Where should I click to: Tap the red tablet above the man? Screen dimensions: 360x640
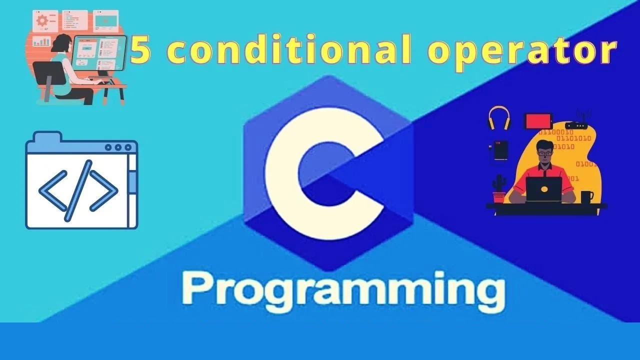click(x=538, y=121)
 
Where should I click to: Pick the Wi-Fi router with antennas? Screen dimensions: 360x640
click(x=577, y=124)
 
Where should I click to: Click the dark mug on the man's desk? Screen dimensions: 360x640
click(x=586, y=196)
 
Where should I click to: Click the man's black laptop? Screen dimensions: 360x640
click(x=544, y=189)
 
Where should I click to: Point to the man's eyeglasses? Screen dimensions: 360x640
click(x=544, y=152)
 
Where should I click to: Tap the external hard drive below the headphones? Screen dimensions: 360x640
click(x=500, y=150)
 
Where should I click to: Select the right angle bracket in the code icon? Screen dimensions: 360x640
click(x=104, y=190)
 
